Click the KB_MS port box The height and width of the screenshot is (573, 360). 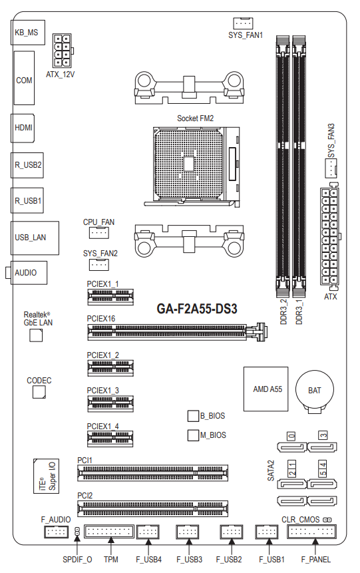coord(28,33)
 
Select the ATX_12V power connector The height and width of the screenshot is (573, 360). coord(62,51)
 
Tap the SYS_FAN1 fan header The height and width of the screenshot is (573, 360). coord(243,23)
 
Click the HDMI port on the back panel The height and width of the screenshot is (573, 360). coord(23,128)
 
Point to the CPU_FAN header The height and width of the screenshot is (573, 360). coord(98,233)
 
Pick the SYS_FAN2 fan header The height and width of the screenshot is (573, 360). coord(98,264)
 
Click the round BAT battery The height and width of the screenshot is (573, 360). coord(314,391)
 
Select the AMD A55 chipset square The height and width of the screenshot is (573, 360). coord(266,389)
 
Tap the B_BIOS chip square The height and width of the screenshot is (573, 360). coord(193,415)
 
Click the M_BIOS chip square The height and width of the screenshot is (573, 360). coord(193,435)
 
